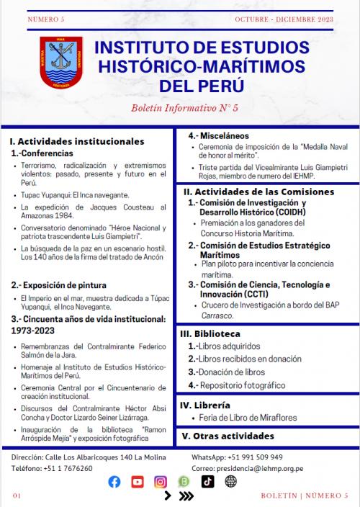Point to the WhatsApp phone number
(257, 457)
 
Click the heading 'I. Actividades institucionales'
(77, 142)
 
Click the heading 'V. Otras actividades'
(229, 436)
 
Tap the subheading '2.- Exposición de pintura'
(54, 286)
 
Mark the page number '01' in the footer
(17, 495)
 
